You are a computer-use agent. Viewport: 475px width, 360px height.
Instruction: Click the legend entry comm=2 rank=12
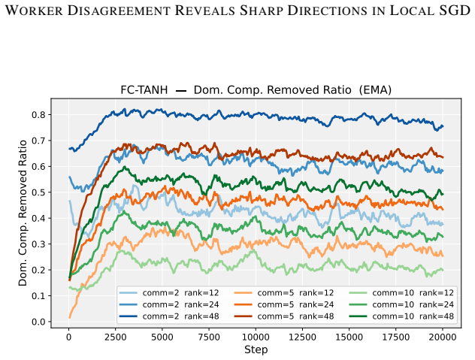[x=169, y=292]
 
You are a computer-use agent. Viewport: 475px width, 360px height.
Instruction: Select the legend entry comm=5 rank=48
[x=284, y=316]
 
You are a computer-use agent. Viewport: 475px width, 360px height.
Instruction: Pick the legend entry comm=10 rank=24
[x=401, y=304]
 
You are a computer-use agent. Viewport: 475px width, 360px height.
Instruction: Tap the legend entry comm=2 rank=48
[x=169, y=316]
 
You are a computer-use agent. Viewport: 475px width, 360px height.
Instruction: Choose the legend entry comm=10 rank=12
[x=401, y=292]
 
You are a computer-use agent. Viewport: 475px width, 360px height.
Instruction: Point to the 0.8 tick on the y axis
[x=39, y=115]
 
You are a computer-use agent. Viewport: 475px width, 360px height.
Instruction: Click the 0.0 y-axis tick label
[x=39, y=322]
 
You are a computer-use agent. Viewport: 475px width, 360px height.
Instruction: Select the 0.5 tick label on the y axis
[x=39, y=192]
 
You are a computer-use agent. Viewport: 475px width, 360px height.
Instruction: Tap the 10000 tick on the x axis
[x=256, y=337]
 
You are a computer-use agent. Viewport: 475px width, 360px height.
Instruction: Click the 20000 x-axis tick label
[x=442, y=337]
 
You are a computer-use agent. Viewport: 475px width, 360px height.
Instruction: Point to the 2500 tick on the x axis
[x=116, y=337]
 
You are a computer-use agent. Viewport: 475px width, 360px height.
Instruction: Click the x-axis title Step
[x=256, y=349]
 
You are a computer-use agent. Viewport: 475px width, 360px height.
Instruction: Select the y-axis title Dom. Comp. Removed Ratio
[x=23, y=213]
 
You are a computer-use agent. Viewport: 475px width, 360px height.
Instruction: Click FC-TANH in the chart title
[x=144, y=90]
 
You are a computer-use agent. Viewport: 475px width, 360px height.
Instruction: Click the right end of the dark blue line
[x=443, y=126]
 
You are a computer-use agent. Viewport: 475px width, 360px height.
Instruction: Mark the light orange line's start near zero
[x=69, y=317]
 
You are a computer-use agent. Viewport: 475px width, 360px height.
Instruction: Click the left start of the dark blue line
[x=69, y=149]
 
